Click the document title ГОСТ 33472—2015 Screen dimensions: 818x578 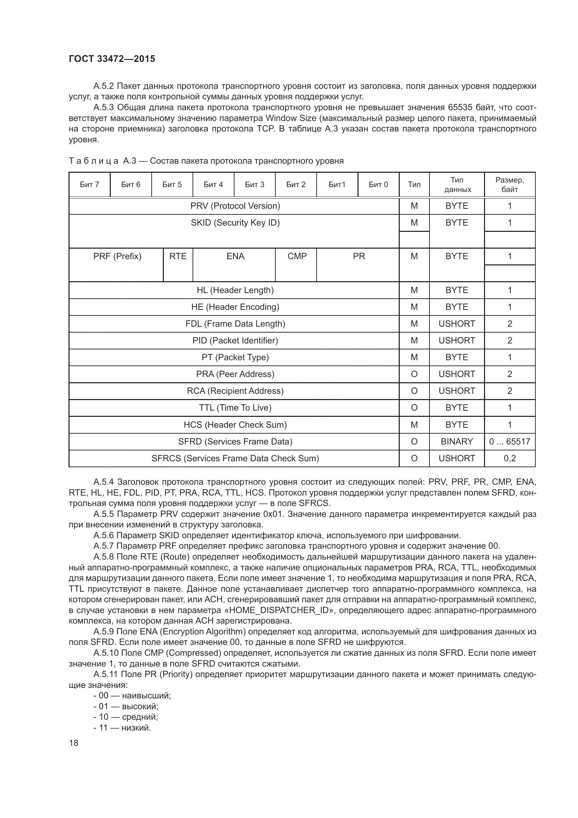(x=112, y=59)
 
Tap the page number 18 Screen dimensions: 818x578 (x=74, y=743)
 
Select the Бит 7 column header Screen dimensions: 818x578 (x=89, y=185)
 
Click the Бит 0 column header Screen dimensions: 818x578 (x=378, y=185)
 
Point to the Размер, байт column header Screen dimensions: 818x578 (x=509, y=185)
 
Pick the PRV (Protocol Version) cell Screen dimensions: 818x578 (x=235, y=206)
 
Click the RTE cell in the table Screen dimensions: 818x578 (x=178, y=256)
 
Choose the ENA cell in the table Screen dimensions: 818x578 (x=235, y=256)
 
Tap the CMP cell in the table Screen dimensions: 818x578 (x=296, y=256)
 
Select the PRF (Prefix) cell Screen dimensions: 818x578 (x=117, y=256)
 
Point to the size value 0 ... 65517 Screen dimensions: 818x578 (x=509, y=441)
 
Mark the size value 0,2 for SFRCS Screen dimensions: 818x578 (x=509, y=458)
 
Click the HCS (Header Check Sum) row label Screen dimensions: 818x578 (x=235, y=425)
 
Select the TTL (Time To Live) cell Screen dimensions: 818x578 (x=235, y=407)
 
